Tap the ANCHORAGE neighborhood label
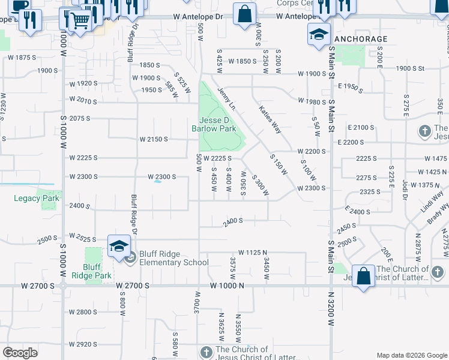pyautogui.click(x=360, y=38)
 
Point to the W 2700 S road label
pyautogui.click(x=133, y=286)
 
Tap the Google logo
pyautogui.click(x=20, y=353)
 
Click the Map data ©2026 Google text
pyautogui.click(x=411, y=355)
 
